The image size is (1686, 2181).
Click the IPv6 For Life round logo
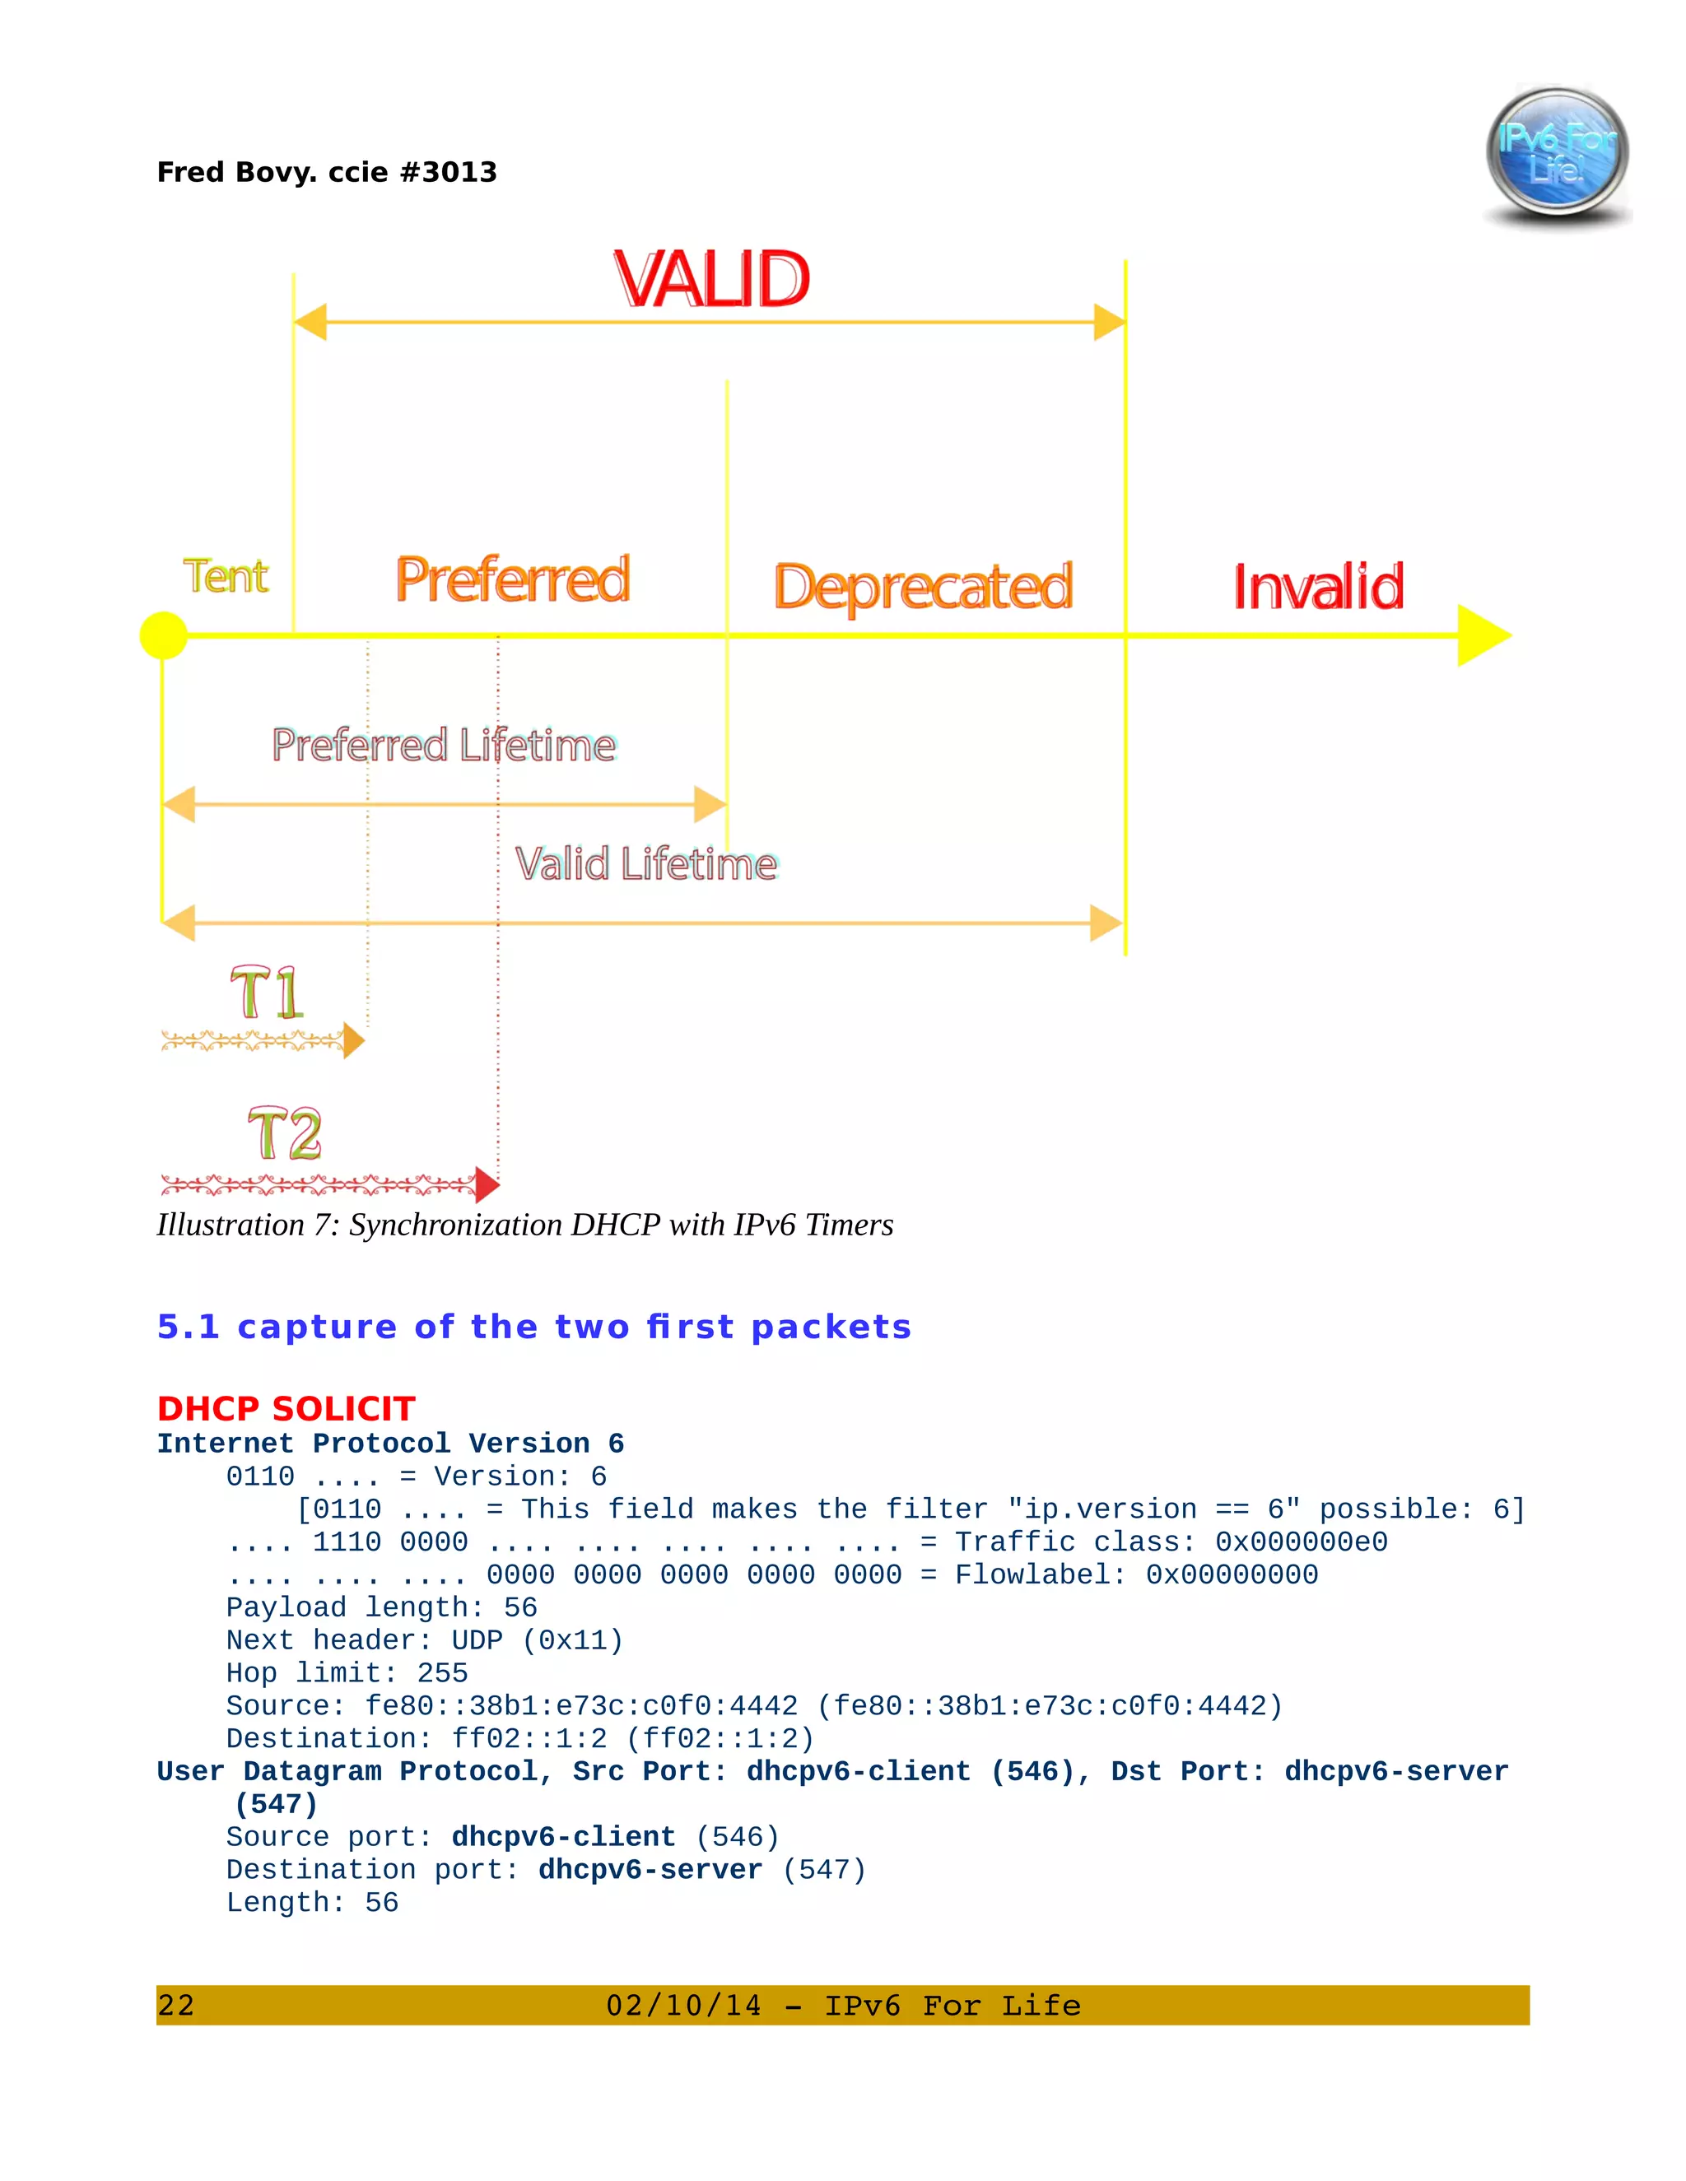tap(1556, 153)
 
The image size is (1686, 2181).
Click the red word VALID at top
tap(711, 280)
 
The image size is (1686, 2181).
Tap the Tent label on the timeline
tap(226, 576)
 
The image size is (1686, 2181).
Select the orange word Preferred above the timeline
tap(512, 580)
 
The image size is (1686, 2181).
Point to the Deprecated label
tap(923, 587)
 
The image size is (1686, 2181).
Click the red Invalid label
tap(1317, 587)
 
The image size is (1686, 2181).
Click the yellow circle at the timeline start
tap(164, 636)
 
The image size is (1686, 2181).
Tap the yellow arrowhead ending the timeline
tap(1482, 635)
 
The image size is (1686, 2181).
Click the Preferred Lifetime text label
tap(444, 745)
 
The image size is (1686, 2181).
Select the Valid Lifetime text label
tap(645, 864)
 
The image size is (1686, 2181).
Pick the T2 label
tap(285, 1133)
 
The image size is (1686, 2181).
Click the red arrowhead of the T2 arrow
tap(487, 1184)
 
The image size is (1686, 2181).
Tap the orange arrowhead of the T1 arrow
tap(353, 1040)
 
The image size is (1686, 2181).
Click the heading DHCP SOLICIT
tap(286, 1408)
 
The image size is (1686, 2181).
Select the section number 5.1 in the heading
tap(188, 1328)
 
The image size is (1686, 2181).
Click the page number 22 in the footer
tap(176, 2005)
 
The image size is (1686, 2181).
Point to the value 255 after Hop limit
tap(442, 1672)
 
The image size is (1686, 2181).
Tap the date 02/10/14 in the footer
tap(683, 2005)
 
